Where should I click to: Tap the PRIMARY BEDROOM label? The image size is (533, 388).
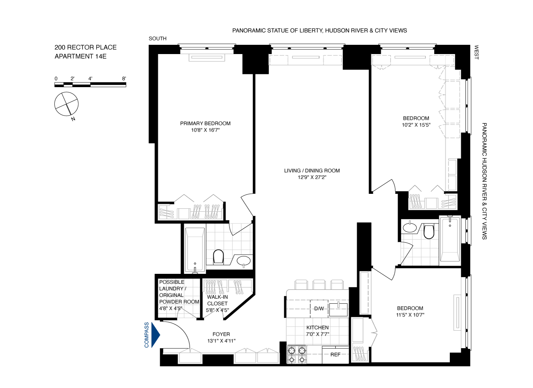coord(205,123)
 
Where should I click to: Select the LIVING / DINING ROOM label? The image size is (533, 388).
coord(312,171)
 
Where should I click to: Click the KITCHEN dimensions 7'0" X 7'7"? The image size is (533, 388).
coord(317,334)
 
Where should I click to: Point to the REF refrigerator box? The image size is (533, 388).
coord(335,355)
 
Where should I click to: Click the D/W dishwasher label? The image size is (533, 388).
coord(319,309)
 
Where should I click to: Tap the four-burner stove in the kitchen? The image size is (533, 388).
coord(297,355)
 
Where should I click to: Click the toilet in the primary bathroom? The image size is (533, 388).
coord(218,256)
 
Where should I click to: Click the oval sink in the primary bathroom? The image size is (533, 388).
coord(243,261)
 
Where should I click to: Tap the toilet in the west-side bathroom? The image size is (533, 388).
coord(429,232)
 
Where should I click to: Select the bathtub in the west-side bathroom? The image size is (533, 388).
coord(450,239)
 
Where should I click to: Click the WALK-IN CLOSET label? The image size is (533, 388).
coord(217,300)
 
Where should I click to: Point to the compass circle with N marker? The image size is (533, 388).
coord(66,104)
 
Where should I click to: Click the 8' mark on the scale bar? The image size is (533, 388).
coord(124,79)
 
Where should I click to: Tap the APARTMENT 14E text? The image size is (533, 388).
coord(81,56)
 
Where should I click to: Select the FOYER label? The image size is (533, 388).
coord(221,334)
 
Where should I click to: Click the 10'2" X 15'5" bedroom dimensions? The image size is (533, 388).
coord(416,125)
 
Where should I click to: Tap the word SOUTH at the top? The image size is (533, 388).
coord(157,38)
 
